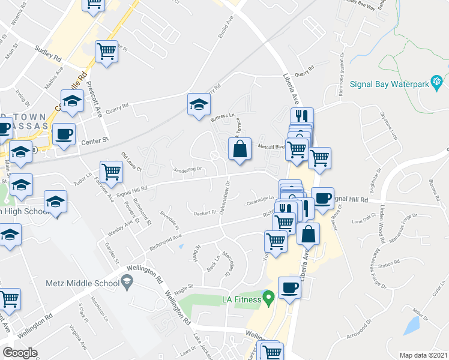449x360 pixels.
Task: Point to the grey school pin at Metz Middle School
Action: [x=127, y=280]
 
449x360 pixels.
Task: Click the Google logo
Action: [x=20, y=352]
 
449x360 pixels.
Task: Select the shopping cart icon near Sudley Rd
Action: [x=106, y=52]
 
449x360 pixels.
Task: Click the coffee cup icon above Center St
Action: [x=64, y=134]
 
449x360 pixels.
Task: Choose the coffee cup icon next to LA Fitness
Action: [x=289, y=287]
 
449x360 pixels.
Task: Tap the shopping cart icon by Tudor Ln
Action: [x=112, y=172]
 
